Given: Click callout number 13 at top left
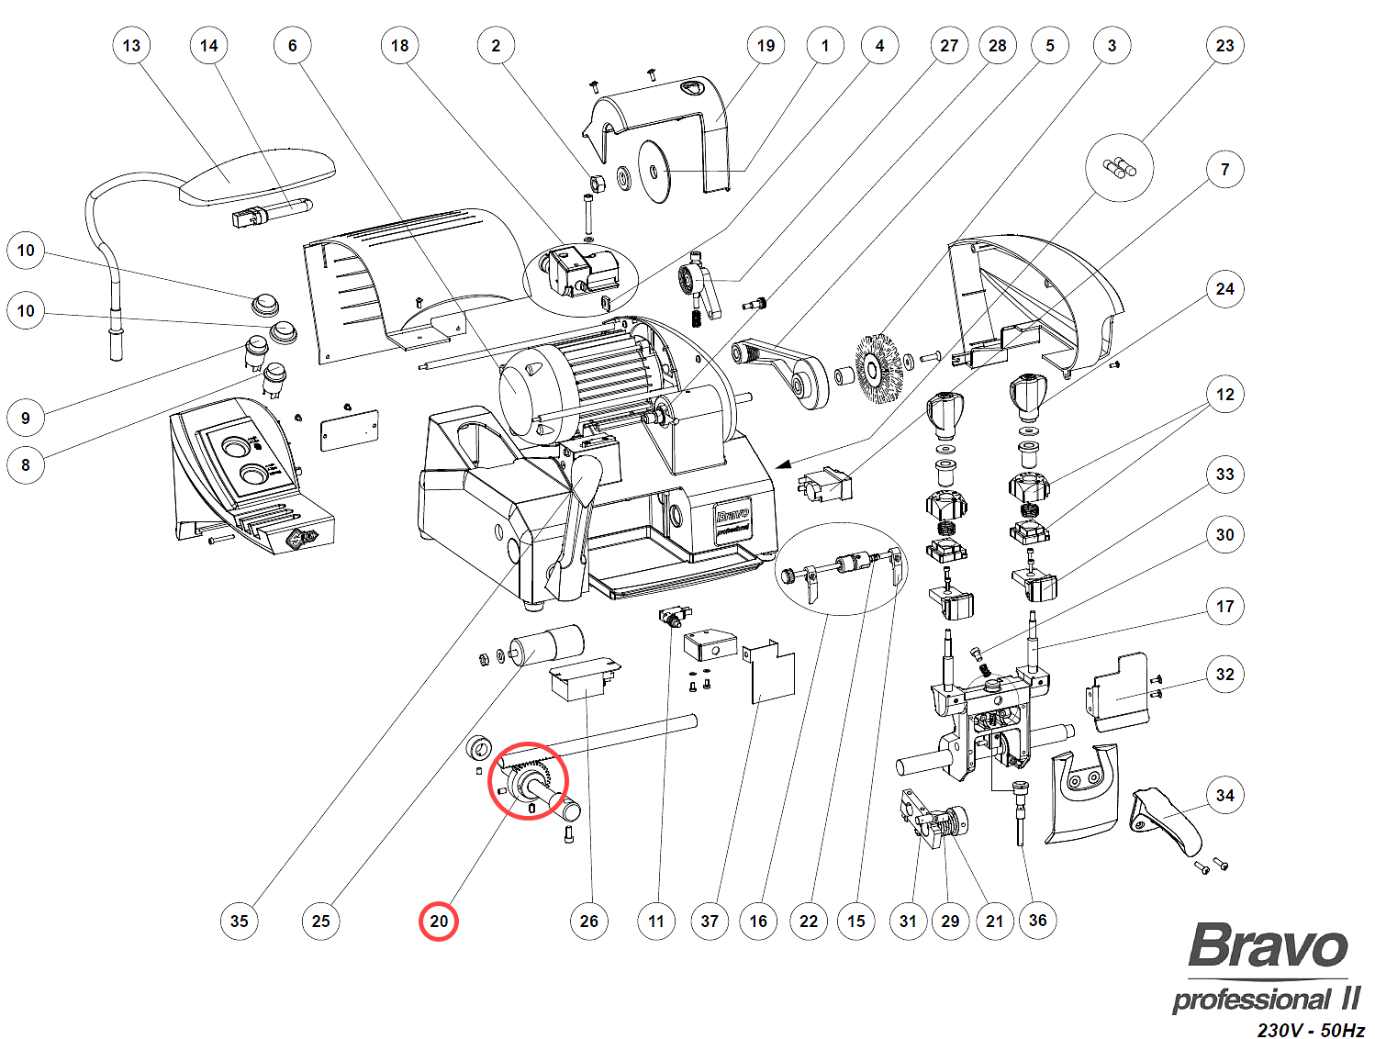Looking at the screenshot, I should point(131,46).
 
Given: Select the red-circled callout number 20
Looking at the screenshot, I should point(439,922).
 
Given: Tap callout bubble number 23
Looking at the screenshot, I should point(1224,46).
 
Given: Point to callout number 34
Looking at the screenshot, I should point(1224,796).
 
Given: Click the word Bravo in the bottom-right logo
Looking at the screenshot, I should point(1268,946).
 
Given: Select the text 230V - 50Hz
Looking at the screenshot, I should point(1310,1030).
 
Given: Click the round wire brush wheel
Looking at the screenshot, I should point(879,369).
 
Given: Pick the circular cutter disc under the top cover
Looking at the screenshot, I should point(654,173).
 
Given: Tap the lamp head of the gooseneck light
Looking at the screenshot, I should point(258,178).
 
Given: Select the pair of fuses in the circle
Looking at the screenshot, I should point(1119,167).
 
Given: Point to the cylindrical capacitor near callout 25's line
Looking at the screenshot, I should point(548,642).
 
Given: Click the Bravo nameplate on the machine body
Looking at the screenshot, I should point(732,521).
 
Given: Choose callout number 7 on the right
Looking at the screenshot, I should point(1224,170).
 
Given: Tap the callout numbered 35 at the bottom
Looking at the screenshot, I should point(240,922).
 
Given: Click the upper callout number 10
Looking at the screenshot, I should point(26,251).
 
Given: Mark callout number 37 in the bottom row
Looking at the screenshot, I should point(710,922).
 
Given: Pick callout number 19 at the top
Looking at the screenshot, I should point(766,46).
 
